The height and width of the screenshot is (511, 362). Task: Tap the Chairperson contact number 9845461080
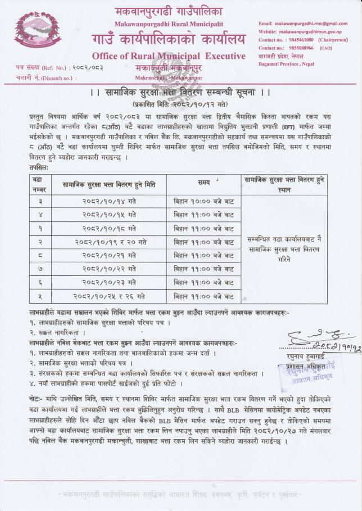(x=296, y=40)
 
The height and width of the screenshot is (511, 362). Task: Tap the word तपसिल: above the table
(x=40, y=167)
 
